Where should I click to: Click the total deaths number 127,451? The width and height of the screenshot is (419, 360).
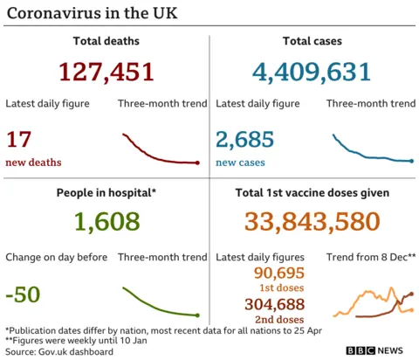pos(106,72)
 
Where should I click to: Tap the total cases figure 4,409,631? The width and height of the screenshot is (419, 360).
pos(312,72)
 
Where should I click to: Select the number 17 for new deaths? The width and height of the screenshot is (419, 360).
pos(18,139)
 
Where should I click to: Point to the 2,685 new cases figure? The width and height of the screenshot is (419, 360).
pos(244,139)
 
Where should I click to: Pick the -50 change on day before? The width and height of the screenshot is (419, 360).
pos(23,294)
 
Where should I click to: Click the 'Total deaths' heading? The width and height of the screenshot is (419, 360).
pos(106,40)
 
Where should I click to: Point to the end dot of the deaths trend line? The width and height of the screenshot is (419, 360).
pos(198,163)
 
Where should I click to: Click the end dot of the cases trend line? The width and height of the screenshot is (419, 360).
pos(411,161)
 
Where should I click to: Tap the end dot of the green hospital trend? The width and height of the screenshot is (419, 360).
pos(198,315)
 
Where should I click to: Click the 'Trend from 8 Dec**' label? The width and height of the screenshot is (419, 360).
pos(370,257)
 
